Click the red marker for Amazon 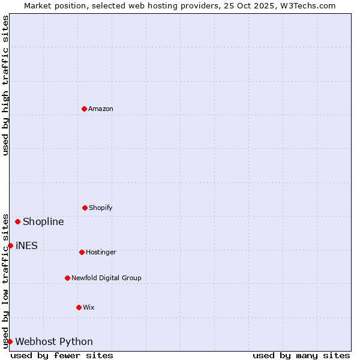pos(84,109)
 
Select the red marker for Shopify pos(85,208)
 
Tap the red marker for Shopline pos(17,221)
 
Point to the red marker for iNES pos(10,245)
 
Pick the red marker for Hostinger pos(82,252)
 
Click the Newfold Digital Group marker pos(67,278)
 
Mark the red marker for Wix pos(79,307)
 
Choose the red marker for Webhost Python pos(10,341)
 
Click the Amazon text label pos(101,109)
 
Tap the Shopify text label pos(101,208)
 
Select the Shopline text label pos(43,221)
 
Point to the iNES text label pos(26,245)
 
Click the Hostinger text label pos(101,252)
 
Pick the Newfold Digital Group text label pos(106,278)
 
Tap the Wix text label pos(89,307)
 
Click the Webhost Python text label pos(54,341)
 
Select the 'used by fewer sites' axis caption pos(62,355)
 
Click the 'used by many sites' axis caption pos(301,355)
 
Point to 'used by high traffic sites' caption pos(5,85)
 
